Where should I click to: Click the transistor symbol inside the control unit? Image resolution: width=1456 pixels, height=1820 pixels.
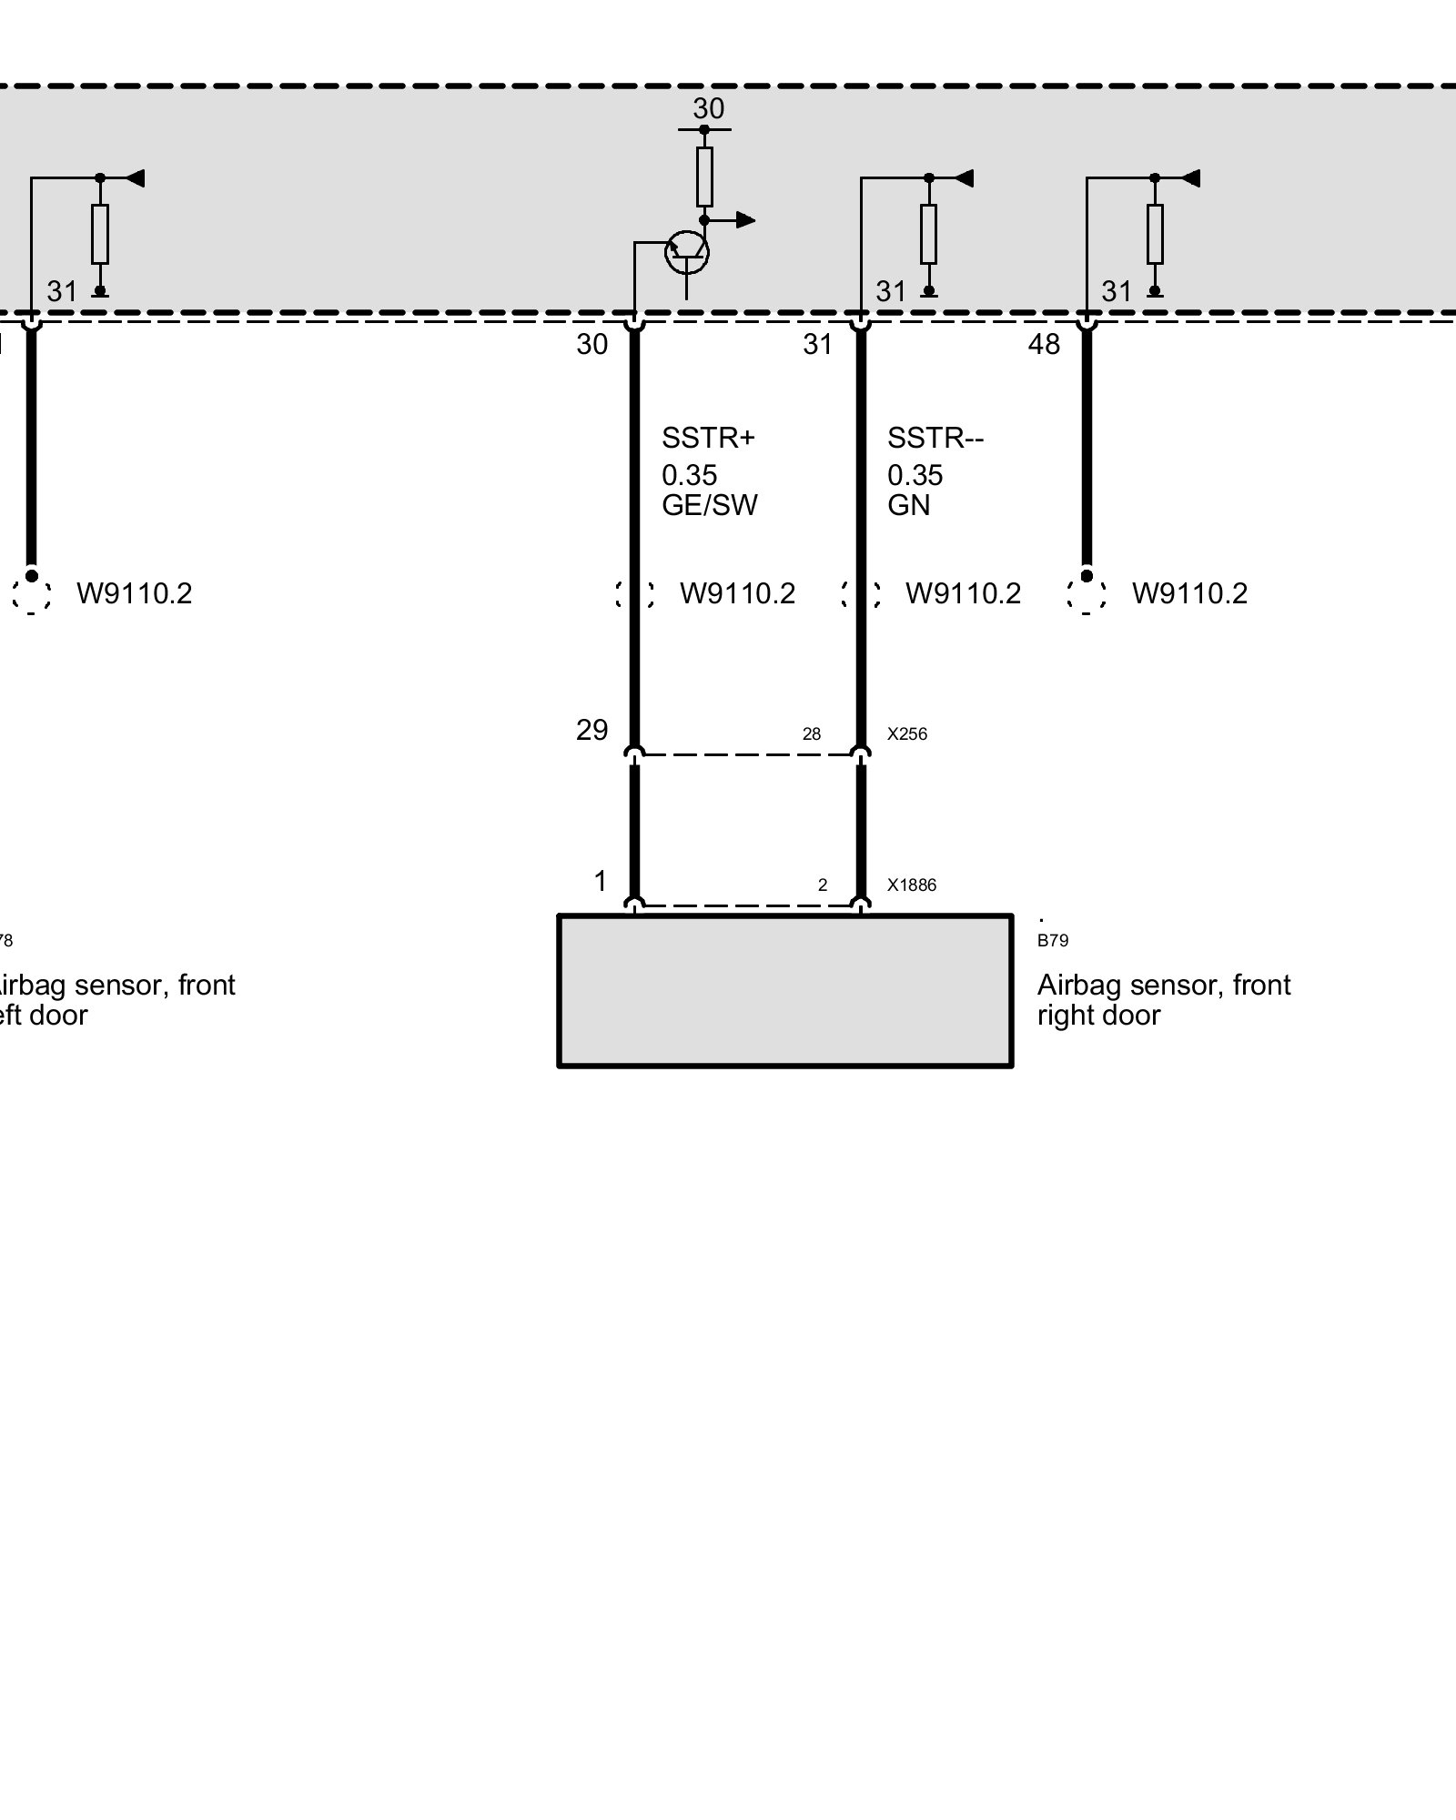coord(687,252)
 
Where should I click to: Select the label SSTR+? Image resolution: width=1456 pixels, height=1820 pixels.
coord(708,439)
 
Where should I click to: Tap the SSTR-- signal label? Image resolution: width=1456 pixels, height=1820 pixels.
coord(935,439)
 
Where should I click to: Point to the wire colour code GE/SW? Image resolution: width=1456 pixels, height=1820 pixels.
coord(709,505)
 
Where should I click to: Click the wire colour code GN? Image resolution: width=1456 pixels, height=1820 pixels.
coord(908,505)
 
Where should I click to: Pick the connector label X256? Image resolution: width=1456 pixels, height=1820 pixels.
coord(907,734)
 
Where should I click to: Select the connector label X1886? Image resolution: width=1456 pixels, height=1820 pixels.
coord(912,885)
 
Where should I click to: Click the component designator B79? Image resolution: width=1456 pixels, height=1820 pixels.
coord(1053,941)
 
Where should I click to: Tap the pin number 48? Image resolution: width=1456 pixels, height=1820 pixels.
coord(1044,344)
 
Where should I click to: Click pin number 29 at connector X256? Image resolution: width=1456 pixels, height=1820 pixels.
coord(591,730)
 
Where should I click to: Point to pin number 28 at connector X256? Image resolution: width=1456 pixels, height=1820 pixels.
coord(812,734)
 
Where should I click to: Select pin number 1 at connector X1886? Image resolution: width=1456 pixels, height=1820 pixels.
coord(600,881)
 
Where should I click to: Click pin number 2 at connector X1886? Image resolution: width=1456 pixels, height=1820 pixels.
coord(823,885)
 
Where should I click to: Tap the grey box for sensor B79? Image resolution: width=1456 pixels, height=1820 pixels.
coord(784,991)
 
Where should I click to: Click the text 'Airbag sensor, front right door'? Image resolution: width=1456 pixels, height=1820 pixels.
coord(1164,1000)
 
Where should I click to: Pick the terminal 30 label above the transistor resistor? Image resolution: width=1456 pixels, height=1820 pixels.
coord(708,109)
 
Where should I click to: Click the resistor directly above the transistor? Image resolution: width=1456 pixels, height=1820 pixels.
coord(704,177)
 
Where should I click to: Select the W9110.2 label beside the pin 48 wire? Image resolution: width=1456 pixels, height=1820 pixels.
coord(1189,593)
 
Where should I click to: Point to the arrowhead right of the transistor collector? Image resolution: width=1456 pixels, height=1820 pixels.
coord(745,219)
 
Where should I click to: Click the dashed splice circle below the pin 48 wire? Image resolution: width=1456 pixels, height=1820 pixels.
coord(1087,595)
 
